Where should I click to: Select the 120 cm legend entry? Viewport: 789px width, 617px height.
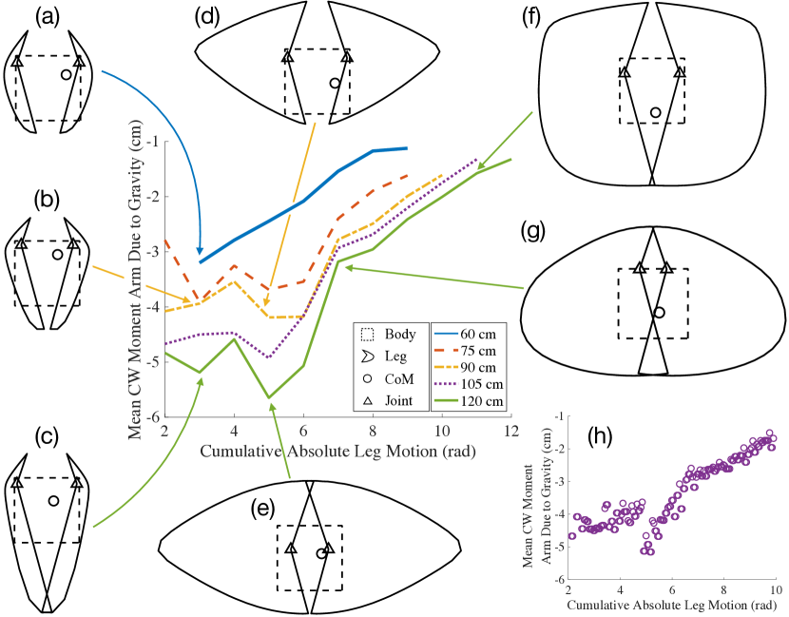click(x=468, y=403)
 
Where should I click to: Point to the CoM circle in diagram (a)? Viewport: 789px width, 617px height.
click(x=66, y=74)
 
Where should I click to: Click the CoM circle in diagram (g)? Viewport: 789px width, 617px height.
click(x=659, y=312)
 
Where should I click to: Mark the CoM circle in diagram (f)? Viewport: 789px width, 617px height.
click(x=655, y=112)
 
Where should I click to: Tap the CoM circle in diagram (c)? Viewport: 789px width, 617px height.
click(x=53, y=500)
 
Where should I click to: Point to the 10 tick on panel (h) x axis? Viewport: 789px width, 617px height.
click(x=776, y=589)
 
